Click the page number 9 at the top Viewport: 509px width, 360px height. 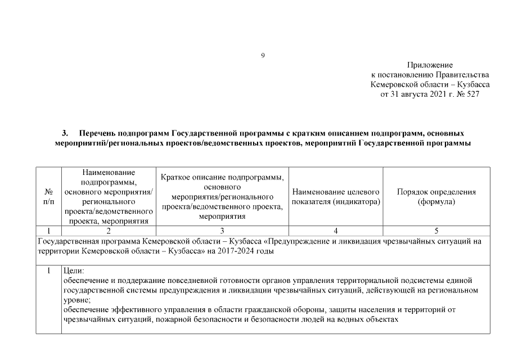click(263, 55)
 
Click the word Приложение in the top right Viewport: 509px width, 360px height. click(430, 65)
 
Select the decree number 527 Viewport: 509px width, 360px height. click(472, 94)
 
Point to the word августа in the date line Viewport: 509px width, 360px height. click(420, 94)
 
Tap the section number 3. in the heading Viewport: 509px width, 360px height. click(65, 133)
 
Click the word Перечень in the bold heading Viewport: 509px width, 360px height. click(97, 133)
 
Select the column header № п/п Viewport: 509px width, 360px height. click(48, 196)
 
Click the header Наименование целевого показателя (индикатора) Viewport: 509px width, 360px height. click(336, 196)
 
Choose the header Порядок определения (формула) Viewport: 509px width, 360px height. click(436, 196)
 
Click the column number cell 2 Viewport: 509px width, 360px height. click(109, 230)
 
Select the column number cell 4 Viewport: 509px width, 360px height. click(336, 230)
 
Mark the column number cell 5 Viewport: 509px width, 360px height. click(436, 230)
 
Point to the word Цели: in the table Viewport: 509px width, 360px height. click(74, 271)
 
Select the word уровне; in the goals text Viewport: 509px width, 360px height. click(77, 300)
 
